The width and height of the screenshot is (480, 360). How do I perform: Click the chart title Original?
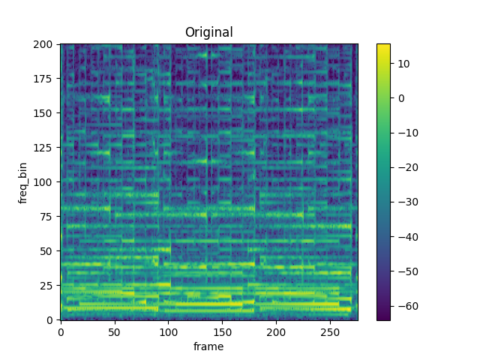point(209,32)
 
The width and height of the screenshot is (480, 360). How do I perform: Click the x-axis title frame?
point(209,346)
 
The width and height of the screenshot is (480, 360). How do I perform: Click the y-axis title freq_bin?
point(23,182)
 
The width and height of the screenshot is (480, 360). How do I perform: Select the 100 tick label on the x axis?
point(169,331)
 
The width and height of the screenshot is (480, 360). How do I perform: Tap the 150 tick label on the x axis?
point(223,331)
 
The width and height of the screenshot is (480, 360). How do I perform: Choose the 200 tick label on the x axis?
point(277,331)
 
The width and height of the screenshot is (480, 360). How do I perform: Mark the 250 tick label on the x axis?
point(331,331)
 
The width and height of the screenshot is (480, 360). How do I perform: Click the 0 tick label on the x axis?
point(61,331)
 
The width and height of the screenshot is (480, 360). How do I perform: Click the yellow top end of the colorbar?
point(383,46)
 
